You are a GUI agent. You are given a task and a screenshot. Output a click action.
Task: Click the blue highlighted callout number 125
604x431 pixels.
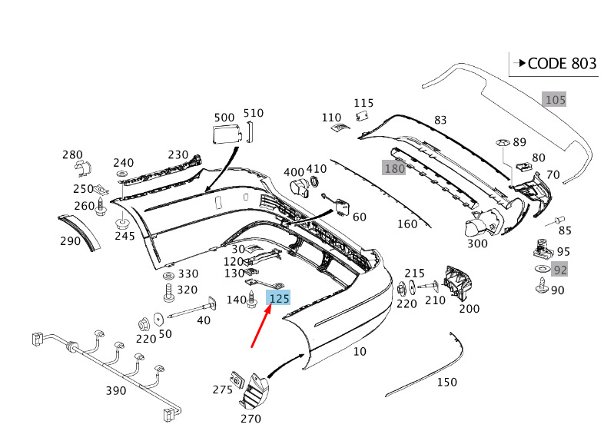point(279,298)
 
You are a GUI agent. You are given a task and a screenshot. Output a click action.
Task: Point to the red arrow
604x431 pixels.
point(261,326)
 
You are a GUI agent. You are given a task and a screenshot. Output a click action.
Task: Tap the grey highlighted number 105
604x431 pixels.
point(555,100)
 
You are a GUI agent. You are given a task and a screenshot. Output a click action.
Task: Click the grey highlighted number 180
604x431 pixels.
point(394,168)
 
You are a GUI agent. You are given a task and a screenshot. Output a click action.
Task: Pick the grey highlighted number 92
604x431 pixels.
point(559,270)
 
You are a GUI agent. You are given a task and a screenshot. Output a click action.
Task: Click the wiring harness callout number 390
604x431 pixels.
point(116,390)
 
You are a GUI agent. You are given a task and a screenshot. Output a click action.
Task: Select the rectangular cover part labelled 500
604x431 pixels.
point(227,134)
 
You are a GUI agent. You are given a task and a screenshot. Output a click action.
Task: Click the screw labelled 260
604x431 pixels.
point(101,207)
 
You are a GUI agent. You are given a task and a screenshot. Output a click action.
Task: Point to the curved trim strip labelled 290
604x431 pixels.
point(79,231)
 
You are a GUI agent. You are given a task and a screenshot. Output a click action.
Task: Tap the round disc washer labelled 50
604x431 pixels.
point(159,319)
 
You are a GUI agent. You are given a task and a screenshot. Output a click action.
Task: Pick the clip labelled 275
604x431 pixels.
point(237,380)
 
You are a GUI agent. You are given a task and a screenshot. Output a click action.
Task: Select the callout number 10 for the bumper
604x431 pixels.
point(360,351)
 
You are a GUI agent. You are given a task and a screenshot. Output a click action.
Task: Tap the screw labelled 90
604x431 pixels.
point(542,286)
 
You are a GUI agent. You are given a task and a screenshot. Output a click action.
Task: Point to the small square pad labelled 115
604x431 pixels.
point(362,115)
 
